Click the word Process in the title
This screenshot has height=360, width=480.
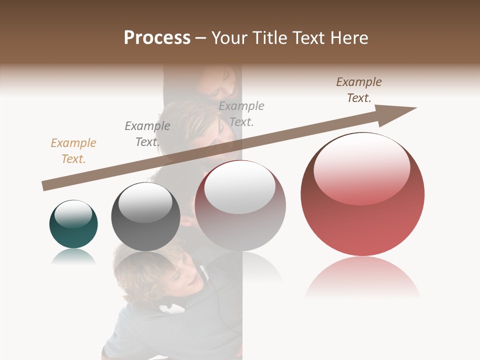[157, 37]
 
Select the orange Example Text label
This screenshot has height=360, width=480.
[73, 151]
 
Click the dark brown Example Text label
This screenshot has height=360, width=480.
[359, 90]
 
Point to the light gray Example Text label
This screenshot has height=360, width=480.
[241, 114]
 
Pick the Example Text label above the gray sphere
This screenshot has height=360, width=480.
[147, 134]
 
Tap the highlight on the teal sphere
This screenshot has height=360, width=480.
[73, 214]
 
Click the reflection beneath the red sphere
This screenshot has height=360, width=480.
[362, 277]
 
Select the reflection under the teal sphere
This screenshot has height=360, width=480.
[73, 257]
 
